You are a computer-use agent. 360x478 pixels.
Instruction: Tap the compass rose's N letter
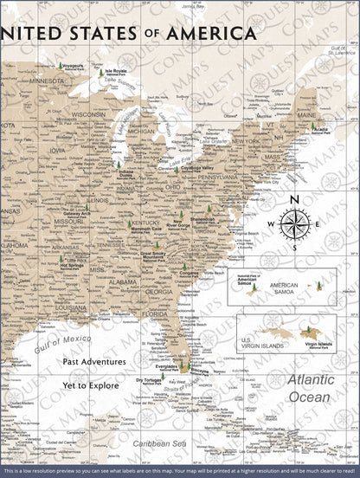pos(294,201)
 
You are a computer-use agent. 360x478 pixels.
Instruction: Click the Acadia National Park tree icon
pos(314,127)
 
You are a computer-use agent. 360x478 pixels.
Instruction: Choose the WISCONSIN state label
pos(88,113)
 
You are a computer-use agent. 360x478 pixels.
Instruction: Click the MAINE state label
pos(306,113)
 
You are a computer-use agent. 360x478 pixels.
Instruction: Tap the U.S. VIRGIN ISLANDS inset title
pos(259,340)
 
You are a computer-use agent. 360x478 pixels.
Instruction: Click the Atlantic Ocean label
pos(310,387)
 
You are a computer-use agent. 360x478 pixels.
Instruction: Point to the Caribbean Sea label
pos(153,442)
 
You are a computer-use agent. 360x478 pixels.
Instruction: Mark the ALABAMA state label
pos(125,281)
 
